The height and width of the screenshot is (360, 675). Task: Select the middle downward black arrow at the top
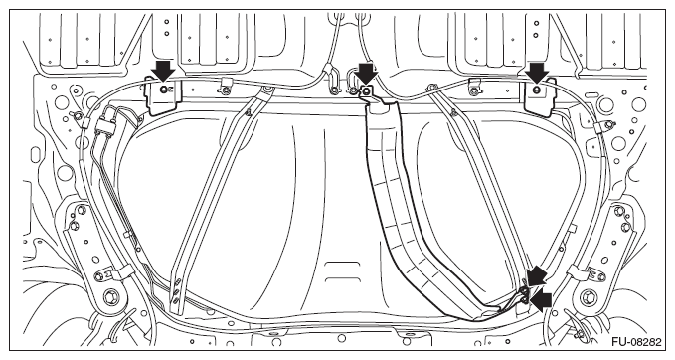click(x=367, y=71)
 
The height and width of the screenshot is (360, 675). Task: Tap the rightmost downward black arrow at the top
click(x=537, y=71)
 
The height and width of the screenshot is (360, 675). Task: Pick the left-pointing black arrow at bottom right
click(x=544, y=297)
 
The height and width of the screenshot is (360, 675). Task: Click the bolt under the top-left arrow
click(x=162, y=91)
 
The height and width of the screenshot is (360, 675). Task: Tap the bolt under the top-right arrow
click(x=537, y=91)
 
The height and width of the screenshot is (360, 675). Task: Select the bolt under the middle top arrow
click(x=366, y=91)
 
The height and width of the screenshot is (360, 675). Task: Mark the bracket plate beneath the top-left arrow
click(x=161, y=97)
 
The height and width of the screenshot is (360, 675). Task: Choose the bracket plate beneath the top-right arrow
click(x=538, y=97)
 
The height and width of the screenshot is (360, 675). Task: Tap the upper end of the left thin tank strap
click(x=266, y=92)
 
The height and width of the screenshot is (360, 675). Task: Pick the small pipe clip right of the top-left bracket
click(x=228, y=88)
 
